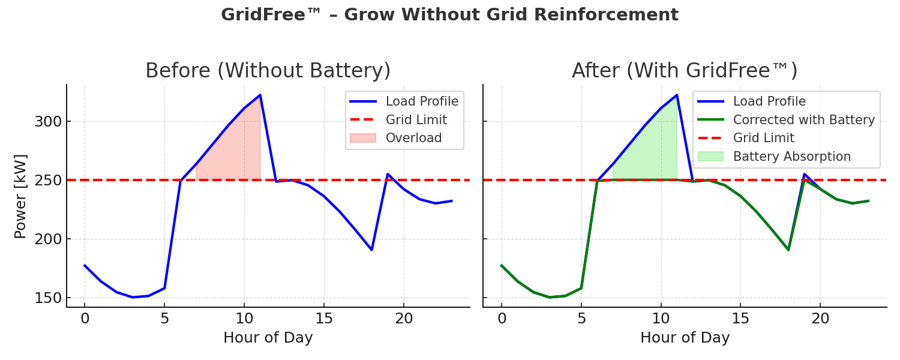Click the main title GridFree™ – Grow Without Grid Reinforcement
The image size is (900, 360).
pos(449,15)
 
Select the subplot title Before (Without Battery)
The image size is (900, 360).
pos(268,71)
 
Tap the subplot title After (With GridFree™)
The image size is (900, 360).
pos(685,71)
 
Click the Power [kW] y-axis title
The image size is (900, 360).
pos(20,196)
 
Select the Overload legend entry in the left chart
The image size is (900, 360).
pos(413,138)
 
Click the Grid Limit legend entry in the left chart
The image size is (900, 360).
pos(416,120)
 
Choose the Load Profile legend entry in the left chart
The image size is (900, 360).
pos(422,101)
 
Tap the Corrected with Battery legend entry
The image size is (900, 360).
pos(804,120)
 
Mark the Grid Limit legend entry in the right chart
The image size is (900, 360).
pos(763,138)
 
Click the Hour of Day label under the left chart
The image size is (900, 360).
pos(268,338)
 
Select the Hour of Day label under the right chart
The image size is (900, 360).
pos(685,338)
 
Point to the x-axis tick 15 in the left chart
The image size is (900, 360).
pos(324,319)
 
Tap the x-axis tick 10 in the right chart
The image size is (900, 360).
pos(661,319)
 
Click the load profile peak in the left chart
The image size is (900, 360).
pos(260,95)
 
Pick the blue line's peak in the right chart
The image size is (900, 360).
pos(677,95)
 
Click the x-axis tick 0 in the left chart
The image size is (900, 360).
pos(85,319)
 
